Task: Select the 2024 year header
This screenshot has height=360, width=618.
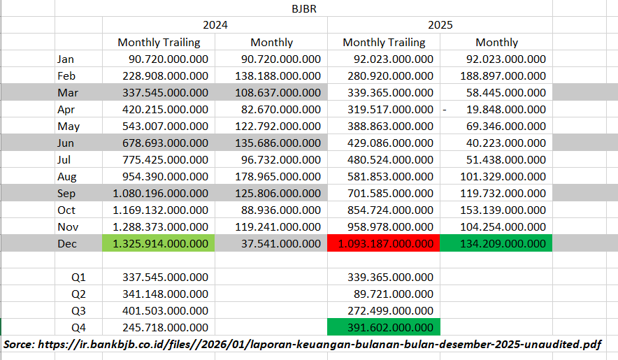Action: click(215, 25)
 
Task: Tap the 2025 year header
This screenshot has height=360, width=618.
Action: click(440, 25)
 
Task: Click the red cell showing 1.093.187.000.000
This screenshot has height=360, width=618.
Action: click(384, 243)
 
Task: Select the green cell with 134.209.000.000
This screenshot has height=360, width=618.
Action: click(496, 243)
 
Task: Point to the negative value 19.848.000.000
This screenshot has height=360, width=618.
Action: click(503, 109)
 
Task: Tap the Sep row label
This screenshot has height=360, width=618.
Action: click(67, 193)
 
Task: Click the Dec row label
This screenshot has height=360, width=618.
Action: click(68, 243)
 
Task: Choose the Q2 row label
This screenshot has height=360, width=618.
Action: click(80, 294)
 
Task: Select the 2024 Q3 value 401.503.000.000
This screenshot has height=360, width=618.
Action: click(165, 310)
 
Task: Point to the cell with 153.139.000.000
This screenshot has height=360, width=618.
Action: click(503, 210)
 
